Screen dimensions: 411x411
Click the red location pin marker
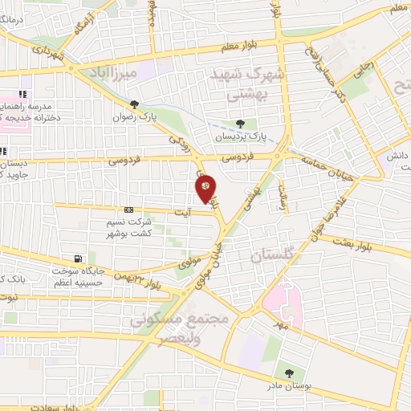point(206,188)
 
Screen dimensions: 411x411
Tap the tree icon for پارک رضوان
point(134,104)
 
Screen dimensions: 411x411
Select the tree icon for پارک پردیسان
point(239,123)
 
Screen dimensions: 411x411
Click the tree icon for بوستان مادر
point(288,373)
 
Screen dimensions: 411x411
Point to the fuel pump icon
point(77,258)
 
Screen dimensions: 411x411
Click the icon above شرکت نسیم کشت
point(128,210)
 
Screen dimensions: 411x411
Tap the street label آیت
point(184,210)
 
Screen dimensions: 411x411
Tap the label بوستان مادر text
point(288,388)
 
